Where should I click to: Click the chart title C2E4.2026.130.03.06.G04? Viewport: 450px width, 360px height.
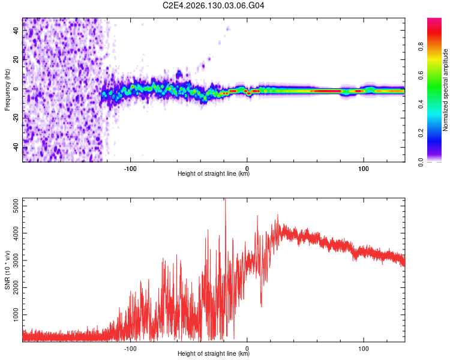point(213,5)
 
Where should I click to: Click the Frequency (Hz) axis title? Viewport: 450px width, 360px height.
point(7,89)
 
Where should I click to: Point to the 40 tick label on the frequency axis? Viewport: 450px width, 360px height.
point(16,30)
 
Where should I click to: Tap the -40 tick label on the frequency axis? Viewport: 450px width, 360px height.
point(16,148)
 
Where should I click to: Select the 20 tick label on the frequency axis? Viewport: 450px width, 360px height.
point(16,59)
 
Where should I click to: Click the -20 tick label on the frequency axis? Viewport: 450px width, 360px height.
point(16,118)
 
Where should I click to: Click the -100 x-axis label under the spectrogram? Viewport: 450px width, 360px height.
point(130,169)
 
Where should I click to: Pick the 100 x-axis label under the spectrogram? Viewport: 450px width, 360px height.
point(364,169)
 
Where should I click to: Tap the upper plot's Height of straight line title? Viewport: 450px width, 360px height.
point(214,173)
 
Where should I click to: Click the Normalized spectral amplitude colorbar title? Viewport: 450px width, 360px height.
point(445,90)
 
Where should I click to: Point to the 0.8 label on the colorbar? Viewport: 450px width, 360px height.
point(421,47)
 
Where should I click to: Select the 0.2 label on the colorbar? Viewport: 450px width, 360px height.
point(421,133)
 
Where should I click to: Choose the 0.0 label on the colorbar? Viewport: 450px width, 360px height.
point(421,162)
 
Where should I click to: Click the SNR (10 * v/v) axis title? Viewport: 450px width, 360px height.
point(7,270)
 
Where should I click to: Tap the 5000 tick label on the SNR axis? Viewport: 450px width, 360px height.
point(16,206)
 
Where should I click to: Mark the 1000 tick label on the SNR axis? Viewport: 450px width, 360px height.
point(16,314)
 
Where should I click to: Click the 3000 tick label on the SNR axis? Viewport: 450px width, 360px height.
point(16,260)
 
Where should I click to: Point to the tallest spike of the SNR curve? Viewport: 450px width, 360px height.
point(225,199)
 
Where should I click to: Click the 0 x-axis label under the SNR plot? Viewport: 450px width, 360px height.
point(247,349)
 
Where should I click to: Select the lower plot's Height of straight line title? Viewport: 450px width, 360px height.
point(214,353)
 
